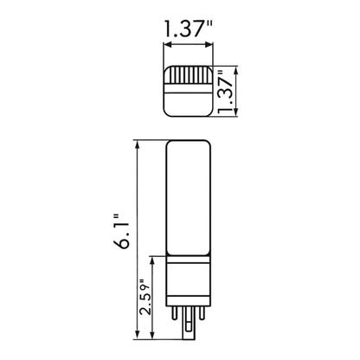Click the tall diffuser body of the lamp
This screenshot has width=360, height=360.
[x=188, y=199]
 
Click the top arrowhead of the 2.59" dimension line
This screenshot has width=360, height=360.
[x=154, y=259]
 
